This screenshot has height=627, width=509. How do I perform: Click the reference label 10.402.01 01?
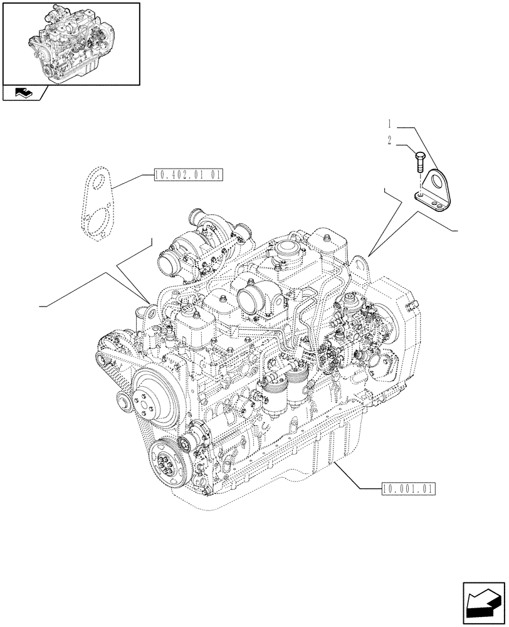(187, 176)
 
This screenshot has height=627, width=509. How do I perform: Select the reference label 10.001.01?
(407, 488)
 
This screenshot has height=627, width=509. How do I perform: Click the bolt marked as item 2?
(421, 161)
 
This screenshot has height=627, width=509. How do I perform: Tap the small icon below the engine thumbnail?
(24, 93)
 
